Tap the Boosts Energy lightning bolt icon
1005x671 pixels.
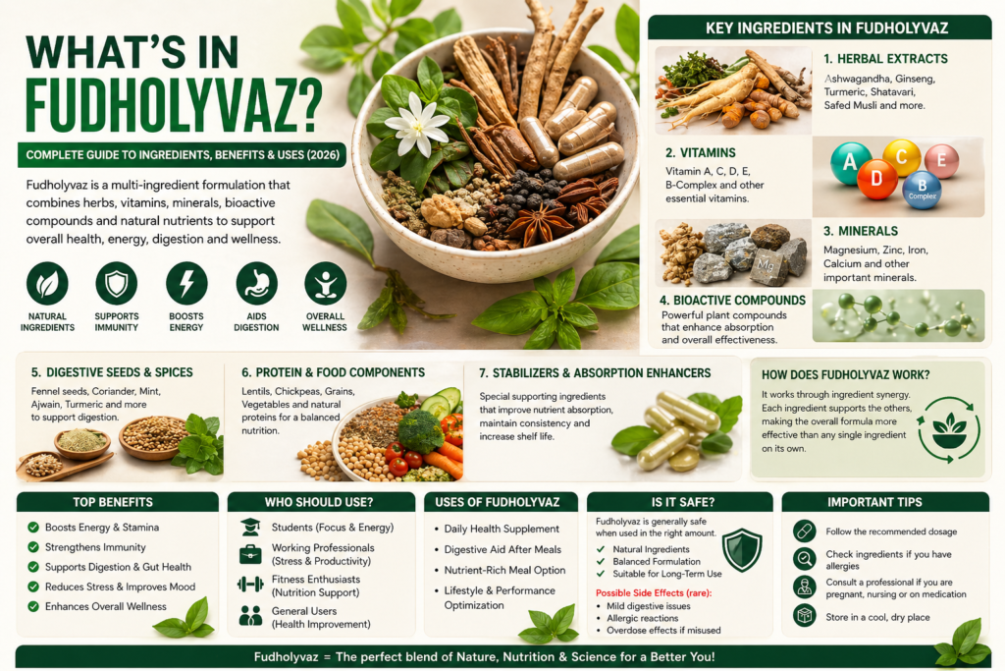186,283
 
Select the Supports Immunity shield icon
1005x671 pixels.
116,283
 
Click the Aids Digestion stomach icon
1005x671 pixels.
256,283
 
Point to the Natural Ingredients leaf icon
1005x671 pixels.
47,283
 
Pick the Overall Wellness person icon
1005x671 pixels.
325,283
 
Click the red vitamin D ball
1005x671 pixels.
876,179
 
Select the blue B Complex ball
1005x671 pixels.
921,189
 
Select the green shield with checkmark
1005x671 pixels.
740,550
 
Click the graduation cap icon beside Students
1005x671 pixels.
250,528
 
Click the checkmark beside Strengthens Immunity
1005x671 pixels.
33,547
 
